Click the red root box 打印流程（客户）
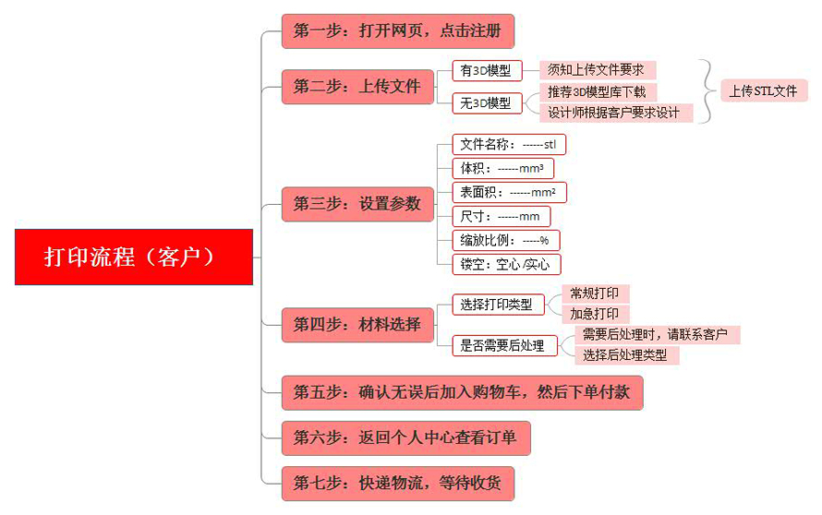pos(134,257)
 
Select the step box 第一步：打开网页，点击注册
pos(398,31)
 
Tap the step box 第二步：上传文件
pos(357,87)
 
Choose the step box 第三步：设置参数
pos(357,204)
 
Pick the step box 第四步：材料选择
pos(357,325)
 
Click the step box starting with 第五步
pos(463,392)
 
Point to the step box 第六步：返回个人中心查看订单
pos(406,438)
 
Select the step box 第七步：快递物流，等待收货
pos(398,483)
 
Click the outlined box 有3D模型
pos(487,71)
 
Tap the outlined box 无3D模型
pos(487,103)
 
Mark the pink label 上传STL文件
pos(764,91)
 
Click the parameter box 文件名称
pos(509,145)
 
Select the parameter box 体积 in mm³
pos(502,169)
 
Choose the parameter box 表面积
pos(509,192)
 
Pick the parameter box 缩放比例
pos(506,241)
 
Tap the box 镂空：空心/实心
pos(506,265)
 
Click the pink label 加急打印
pos(595,315)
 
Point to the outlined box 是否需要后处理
pos(504,346)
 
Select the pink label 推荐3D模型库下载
pos(598,92)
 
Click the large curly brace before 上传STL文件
pos(707,91)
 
